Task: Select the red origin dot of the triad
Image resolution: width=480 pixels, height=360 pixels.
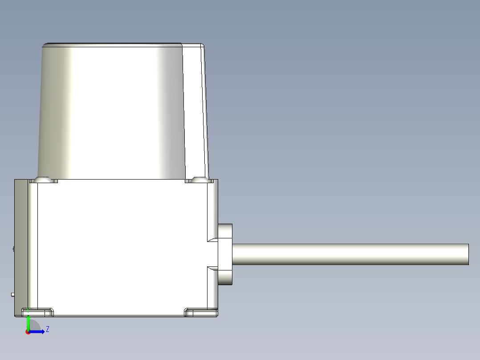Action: (x=28, y=332)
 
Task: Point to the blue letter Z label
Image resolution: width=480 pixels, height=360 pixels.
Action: (x=47, y=329)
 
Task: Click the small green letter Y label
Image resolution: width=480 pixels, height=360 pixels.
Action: (x=28, y=309)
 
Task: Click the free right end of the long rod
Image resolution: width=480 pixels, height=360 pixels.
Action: (x=468, y=254)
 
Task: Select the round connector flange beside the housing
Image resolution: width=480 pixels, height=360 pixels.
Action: (x=225, y=254)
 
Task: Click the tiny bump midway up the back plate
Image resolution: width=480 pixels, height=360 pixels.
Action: (x=14, y=249)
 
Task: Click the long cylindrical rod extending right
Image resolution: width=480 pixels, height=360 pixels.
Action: (x=347, y=254)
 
